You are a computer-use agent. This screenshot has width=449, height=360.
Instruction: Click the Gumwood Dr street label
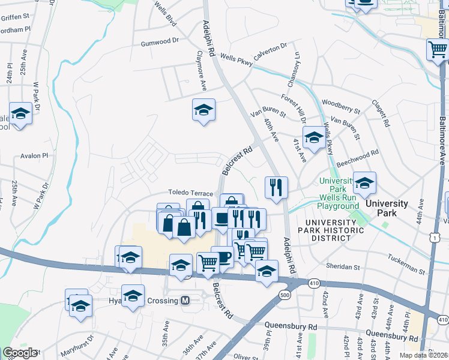[160, 43]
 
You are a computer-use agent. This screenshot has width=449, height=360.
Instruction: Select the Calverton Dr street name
[270, 50]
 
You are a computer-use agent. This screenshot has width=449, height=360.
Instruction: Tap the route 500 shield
[285, 295]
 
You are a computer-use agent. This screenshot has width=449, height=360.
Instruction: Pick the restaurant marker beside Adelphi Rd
[276, 187]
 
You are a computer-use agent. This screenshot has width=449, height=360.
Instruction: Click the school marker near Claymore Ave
[203, 110]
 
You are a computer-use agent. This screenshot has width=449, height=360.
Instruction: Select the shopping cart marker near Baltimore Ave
[437, 49]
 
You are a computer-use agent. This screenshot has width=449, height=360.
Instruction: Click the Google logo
[20, 353]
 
